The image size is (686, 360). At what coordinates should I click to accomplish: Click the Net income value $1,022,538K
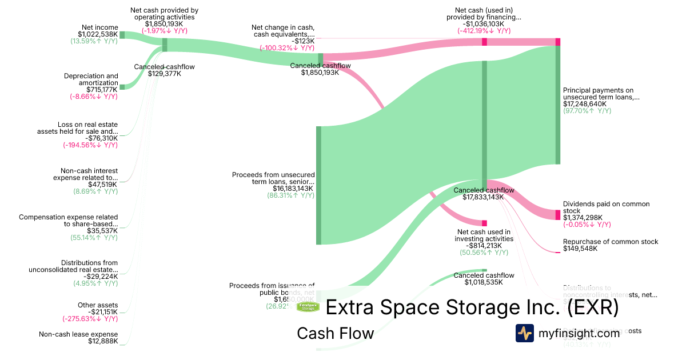(x=98, y=34)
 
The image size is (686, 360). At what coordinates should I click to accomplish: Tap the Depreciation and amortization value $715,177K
(x=102, y=89)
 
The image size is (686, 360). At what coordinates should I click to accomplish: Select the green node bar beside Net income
(x=122, y=35)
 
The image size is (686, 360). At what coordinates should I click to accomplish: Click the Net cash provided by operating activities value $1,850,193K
(x=164, y=24)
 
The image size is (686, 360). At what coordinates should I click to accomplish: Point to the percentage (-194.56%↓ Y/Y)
(x=90, y=145)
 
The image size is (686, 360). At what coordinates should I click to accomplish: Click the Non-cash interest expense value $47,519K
(x=103, y=185)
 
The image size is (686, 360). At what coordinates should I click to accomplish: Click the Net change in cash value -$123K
(x=303, y=41)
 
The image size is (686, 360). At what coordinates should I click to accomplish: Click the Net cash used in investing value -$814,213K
(x=484, y=245)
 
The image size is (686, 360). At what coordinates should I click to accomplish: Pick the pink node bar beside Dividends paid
(x=558, y=214)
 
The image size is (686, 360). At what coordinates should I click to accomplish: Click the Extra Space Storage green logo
(x=308, y=307)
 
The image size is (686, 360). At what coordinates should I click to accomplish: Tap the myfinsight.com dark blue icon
(x=525, y=333)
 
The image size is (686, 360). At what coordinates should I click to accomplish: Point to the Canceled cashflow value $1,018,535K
(x=484, y=282)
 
